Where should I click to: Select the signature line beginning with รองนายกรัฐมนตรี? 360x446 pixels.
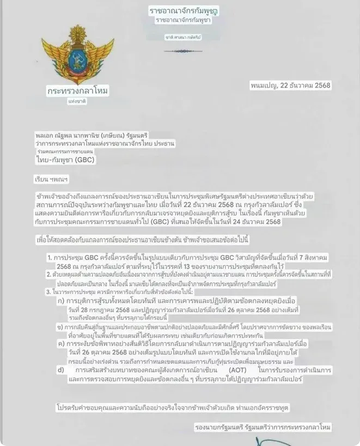(x=266, y=427)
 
